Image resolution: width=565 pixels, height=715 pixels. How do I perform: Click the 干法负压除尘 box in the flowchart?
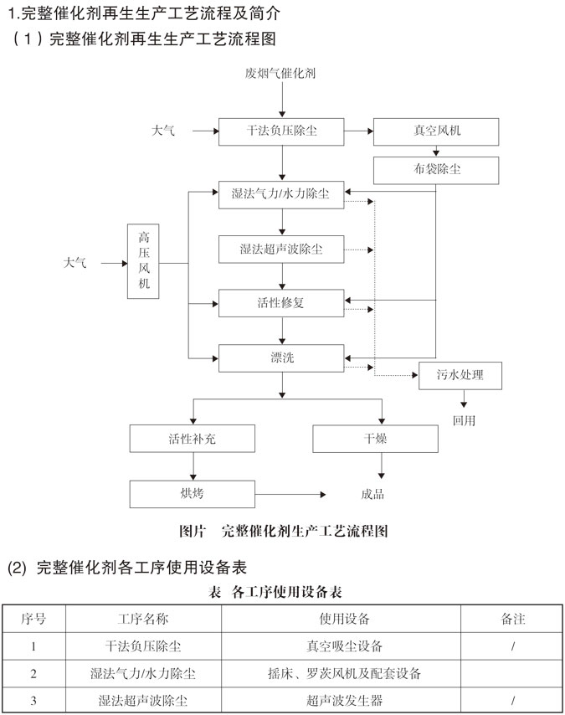(x=282, y=131)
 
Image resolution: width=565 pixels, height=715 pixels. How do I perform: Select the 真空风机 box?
(x=436, y=131)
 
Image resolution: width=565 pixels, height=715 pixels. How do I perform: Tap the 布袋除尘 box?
(x=436, y=170)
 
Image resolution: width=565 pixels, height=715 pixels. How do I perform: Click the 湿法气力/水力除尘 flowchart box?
(x=281, y=194)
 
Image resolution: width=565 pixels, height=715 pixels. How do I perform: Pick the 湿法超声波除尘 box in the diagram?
(x=281, y=249)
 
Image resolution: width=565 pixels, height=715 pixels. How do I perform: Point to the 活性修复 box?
(x=281, y=302)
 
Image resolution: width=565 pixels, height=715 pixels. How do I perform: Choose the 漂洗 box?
(x=281, y=357)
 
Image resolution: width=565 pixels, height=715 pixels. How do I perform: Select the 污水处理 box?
(x=460, y=376)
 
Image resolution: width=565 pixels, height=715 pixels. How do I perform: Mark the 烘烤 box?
(x=192, y=493)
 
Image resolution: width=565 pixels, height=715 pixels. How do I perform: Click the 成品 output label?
(x=373, y=494)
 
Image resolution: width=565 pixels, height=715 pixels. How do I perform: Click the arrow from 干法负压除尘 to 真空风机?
(x=358, y=131)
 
